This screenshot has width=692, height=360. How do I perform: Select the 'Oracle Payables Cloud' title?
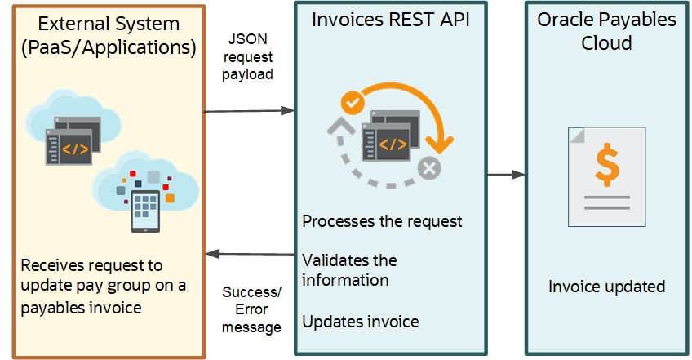pos(606,30)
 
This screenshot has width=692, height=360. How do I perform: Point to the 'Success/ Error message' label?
pos(252,309)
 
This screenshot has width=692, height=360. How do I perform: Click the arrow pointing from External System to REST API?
pos(248,109)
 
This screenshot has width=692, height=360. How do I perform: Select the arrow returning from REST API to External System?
pos(248,254)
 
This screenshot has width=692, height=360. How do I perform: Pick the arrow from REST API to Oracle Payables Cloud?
pos(506,174)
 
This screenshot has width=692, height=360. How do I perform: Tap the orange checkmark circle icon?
pos(353,103)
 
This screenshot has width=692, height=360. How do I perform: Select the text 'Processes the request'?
pos(382,221)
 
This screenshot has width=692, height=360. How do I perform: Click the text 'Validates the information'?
pos(349,270)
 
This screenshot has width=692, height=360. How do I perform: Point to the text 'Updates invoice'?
pos(360,322)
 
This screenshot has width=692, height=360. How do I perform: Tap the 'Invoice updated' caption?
pos(606,287)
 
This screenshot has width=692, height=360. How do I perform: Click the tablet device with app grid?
pos(145,211)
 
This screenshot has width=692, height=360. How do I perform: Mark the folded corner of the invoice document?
pos(575,135)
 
